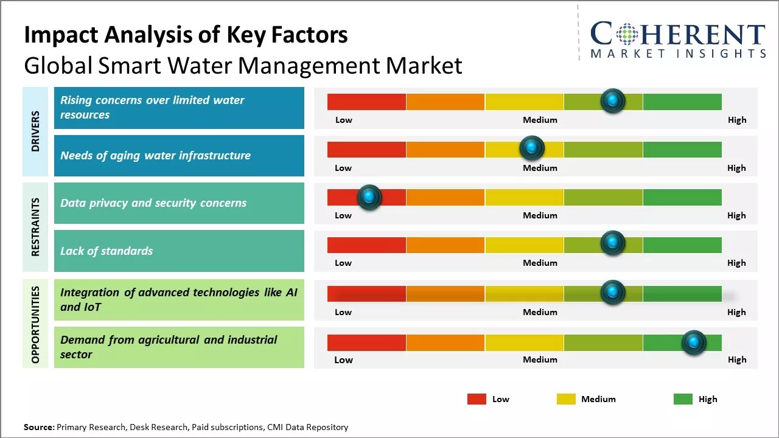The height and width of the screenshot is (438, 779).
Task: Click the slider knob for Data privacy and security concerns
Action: click(x=369, y=197)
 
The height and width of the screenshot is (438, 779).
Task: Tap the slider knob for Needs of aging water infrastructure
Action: click(x=532, y=148)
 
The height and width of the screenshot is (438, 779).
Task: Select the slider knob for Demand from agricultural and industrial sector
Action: click(x=693, y=342)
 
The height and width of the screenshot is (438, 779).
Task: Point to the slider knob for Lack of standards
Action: click(x=613, y=243)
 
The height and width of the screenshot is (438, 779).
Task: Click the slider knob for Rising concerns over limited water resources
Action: click(x=613, y=100)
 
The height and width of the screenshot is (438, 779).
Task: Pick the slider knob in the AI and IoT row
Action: click(x=613, y=292)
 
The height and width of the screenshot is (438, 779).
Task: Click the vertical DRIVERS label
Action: click(x=35, y=131)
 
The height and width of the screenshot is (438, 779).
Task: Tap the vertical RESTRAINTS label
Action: click(x=35, y=227)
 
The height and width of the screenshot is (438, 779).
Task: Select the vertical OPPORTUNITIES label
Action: click(x=35, y=324)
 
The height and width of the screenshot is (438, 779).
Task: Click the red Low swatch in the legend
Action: click(x=477, y=399)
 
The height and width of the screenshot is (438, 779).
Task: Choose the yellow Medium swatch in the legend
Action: click(x=566, y=399)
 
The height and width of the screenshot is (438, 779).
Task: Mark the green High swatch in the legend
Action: click(x=683, y=399)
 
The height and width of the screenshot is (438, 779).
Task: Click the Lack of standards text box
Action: click(x=179, y=251)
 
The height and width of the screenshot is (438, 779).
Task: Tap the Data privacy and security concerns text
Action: click(x=153, y=203)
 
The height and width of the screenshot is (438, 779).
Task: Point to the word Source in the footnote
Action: click(x=38, y=427)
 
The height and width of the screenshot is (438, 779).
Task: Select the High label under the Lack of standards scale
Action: click(x=736, y=263)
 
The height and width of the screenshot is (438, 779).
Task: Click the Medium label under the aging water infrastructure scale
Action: click(x=540, y=168)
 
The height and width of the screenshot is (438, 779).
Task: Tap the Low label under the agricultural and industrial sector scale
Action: click(x=343, y=360)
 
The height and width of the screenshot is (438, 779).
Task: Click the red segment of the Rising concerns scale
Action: click(x=366, y=102)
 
